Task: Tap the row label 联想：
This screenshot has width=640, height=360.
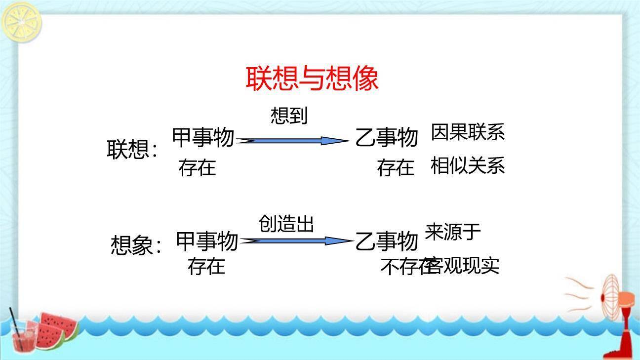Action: click(x=132, y=150)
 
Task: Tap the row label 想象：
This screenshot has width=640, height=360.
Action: click(x=136, y=245)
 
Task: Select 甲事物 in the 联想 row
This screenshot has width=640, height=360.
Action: click(x=203, y=137)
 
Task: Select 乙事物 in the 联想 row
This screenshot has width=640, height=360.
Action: click(x=387, y=137)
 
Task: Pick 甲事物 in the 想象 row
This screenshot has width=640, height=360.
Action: click(x=207, y=241)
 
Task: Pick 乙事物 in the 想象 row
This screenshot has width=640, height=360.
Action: click(x=387, y=241)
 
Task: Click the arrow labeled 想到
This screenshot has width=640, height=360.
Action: click(x=293, y=141)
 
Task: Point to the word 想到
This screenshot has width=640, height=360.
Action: click(x=289, y=116)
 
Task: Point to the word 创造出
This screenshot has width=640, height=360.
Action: click(x=286, y=224)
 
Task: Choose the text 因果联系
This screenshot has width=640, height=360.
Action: click(x=468, y=132)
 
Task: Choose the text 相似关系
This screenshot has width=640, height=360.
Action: click(x=468, y=166)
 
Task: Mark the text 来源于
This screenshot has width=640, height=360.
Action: click(x=453, y=232)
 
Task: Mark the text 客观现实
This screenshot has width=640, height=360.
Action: click(x=464, y=266)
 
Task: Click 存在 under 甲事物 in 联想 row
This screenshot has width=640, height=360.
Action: click(x=197, y=168)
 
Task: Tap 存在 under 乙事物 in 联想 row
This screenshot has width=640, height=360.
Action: click(x=396, y=168)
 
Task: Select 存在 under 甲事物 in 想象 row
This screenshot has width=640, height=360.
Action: click(x=206, y=266)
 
